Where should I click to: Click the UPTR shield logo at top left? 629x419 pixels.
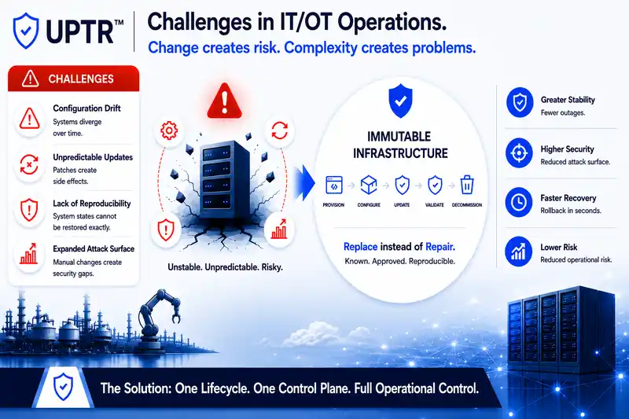pyautogui.click(x=26, y=31)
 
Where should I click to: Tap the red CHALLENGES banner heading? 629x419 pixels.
pyautogui.click(x=74, y=79)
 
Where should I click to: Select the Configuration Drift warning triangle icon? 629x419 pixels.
pyautogui.click(x=29, y=119)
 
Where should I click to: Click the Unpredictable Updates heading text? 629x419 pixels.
pyautogui.click(x=93, y=157)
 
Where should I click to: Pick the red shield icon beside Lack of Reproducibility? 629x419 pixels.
pyautogui.click(x=29, y=210)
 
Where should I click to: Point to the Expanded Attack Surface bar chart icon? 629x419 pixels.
pyautogui.click(x=28, y=254)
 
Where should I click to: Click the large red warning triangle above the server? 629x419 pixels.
pyautogui.click(x=224, y=101)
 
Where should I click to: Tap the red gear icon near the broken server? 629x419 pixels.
pyautogui.click(x=169, y=130)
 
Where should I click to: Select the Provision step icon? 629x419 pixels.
pyautogui.click(x=333, y=186)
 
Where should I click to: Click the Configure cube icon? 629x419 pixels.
pyautogui.click(x=369, y=185)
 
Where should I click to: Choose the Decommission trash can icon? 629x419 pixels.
pyautogui.click(x=467, y=185)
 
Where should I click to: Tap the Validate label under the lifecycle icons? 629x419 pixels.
pyautogui.click(x=435, y=205)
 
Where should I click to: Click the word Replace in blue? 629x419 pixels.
pyautogui.click(x=360, y=247)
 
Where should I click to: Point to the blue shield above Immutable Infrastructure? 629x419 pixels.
pyautogui.click(x=400, y=101)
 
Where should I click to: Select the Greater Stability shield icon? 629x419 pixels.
pyautogui.click(x=520, y=103)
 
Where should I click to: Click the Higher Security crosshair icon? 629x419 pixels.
pyautogui.click(x=519, y=153)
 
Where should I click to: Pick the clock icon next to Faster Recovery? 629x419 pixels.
pyautogui.click(x=519, y=202)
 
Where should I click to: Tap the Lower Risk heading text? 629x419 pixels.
pyautogui.click(x=558, y=247)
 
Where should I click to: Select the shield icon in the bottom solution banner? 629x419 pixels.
pyautogui.click(x=63, y=386)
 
